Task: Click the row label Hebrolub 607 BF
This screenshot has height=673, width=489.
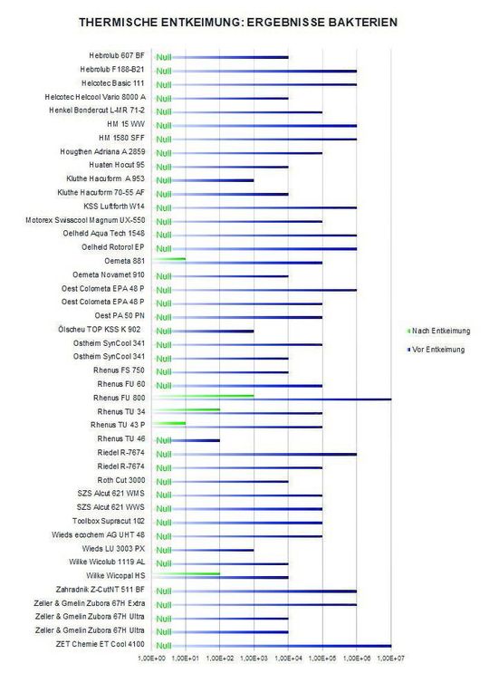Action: tap(115, 56)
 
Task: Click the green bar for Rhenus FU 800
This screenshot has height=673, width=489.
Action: tap(203, 396)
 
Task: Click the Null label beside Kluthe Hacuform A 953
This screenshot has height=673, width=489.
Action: tap(163, 179)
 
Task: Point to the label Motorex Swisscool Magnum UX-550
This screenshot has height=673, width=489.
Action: tap(88, 220)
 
